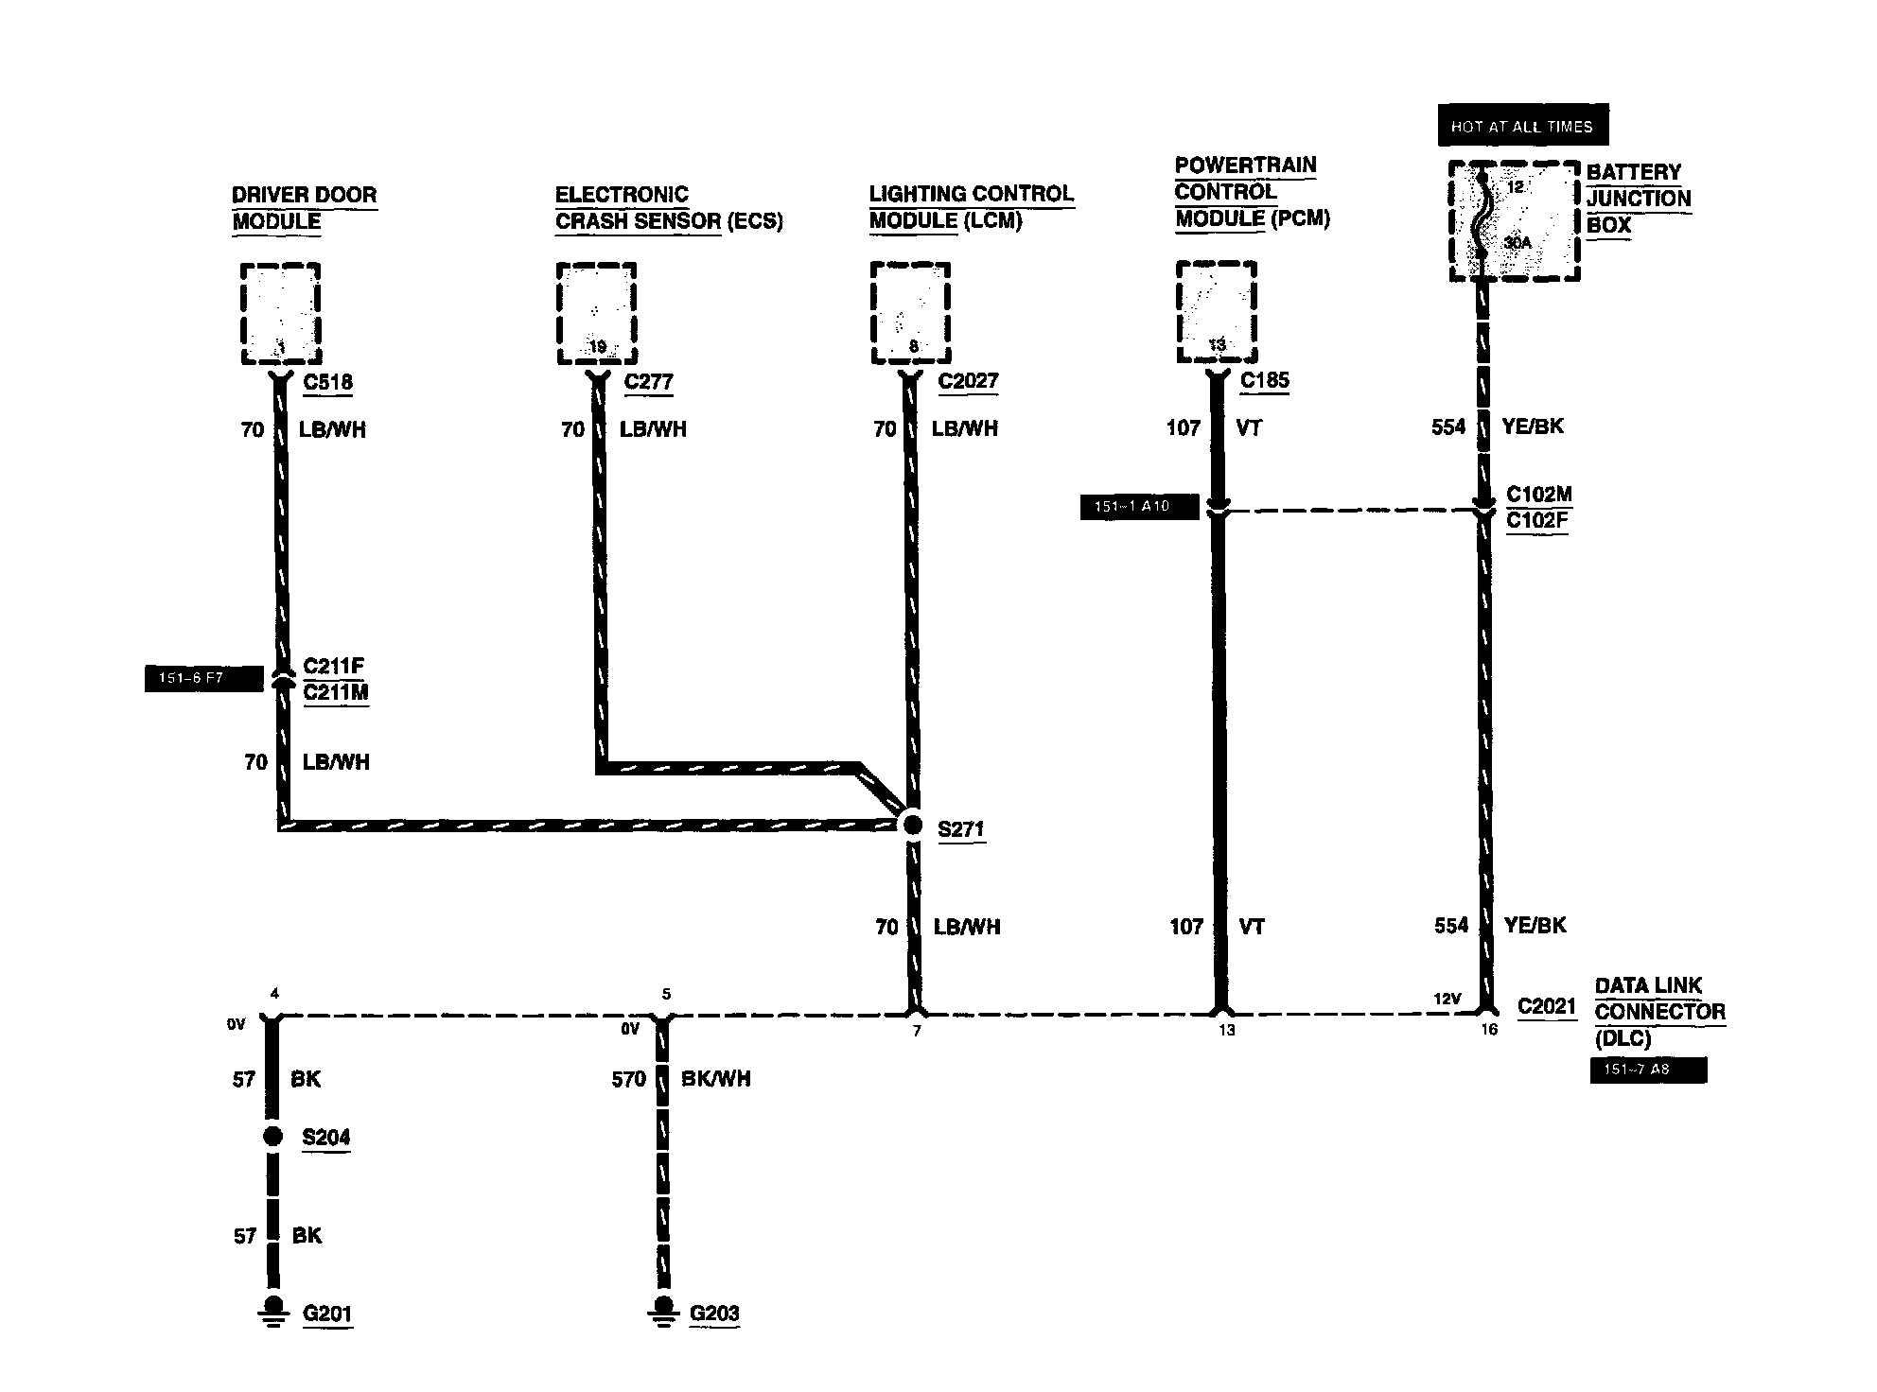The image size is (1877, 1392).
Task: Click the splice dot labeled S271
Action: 912,825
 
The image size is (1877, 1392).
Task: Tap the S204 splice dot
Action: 272,1136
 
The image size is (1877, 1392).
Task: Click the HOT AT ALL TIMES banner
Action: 1522,126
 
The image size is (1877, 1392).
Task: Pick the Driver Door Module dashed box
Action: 280,313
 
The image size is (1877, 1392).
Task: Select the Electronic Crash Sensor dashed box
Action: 596,313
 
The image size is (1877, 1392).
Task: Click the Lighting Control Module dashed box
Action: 910,313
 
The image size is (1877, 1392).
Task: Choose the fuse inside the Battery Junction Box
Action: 1482,221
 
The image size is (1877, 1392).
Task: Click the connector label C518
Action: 327,382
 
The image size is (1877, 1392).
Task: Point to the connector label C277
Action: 649,382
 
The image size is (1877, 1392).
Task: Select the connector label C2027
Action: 969,381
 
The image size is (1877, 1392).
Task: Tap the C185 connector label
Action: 1265,380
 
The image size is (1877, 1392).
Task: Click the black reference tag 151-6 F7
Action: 203,679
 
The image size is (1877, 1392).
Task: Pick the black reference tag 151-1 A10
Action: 1139,507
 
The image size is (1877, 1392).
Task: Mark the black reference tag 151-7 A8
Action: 1648,1070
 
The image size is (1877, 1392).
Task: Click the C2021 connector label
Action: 1547,1006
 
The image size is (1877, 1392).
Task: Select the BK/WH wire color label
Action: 716,1079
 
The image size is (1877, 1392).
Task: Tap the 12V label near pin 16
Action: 1447,999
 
